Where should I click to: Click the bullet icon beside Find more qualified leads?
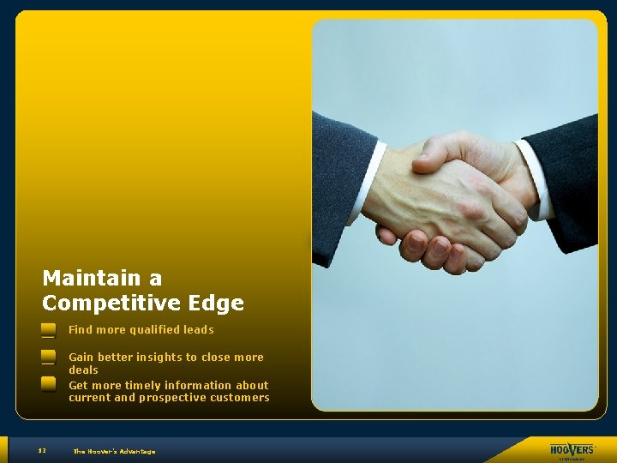pyautogui.click(x=48, y=330)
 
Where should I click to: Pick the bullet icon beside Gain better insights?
pyautogui.click(x=48, y=357)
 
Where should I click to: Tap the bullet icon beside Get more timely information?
pyautogui.click(x=48, y=384)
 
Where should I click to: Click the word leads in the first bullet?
pyautogui.click(x=198, y=330)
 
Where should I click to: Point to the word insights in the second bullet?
pyautogui.click(x=159, y=358)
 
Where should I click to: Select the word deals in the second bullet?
pyautogui.click(x=83, y=370)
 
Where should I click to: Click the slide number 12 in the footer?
pyautogui.click(x=41, y=451)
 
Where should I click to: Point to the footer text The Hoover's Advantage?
pyautogui.click(x=114, y=451)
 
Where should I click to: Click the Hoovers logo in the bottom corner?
pyautogui.click(x=572, y=450)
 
